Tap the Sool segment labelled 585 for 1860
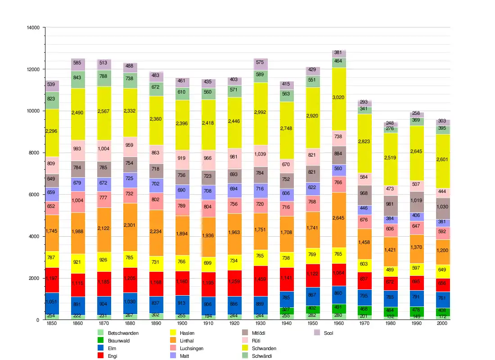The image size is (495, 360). pyautogui.click(x=78, y=63)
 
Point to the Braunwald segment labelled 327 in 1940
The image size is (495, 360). pyautogui.click(x=285, y=310)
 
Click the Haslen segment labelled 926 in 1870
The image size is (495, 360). pyautogui.click(x=104, y=260)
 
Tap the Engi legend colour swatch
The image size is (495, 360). pyautogui.click(x=102, y=356)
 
